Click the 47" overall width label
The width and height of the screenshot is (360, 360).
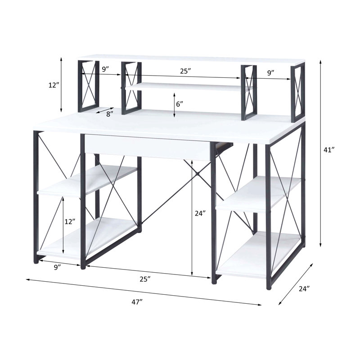click(x=137, y=302)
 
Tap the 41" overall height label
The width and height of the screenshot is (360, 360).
click(x=329, y=150)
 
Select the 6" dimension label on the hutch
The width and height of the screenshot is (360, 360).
click(x=180, y=104)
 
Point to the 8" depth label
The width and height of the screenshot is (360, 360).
click(x=110, y=114)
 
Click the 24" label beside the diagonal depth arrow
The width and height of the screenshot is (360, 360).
click(x=305, y=288)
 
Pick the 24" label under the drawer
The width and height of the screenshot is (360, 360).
click(x=200, y=213)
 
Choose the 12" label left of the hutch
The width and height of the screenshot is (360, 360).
click(x=54, y=85)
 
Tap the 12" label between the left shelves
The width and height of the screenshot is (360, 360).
click(x=70, y=221)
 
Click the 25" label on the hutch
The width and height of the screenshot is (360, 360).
click(x=185, y=71)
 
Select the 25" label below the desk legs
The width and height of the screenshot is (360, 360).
click(x=145, y=279)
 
